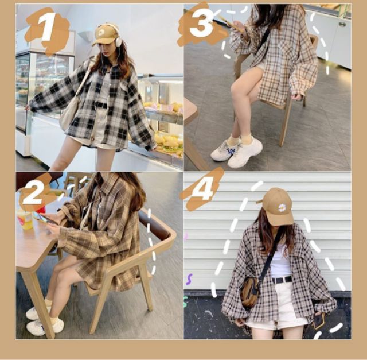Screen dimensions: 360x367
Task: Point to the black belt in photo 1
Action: (x=101, y=104)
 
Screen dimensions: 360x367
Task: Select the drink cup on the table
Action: (x=25, y=219)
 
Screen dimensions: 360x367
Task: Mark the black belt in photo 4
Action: (x=282, y=279)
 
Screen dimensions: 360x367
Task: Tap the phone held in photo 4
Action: (x=318, y=322)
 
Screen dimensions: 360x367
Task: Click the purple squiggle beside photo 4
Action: (x=189, y=280)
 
